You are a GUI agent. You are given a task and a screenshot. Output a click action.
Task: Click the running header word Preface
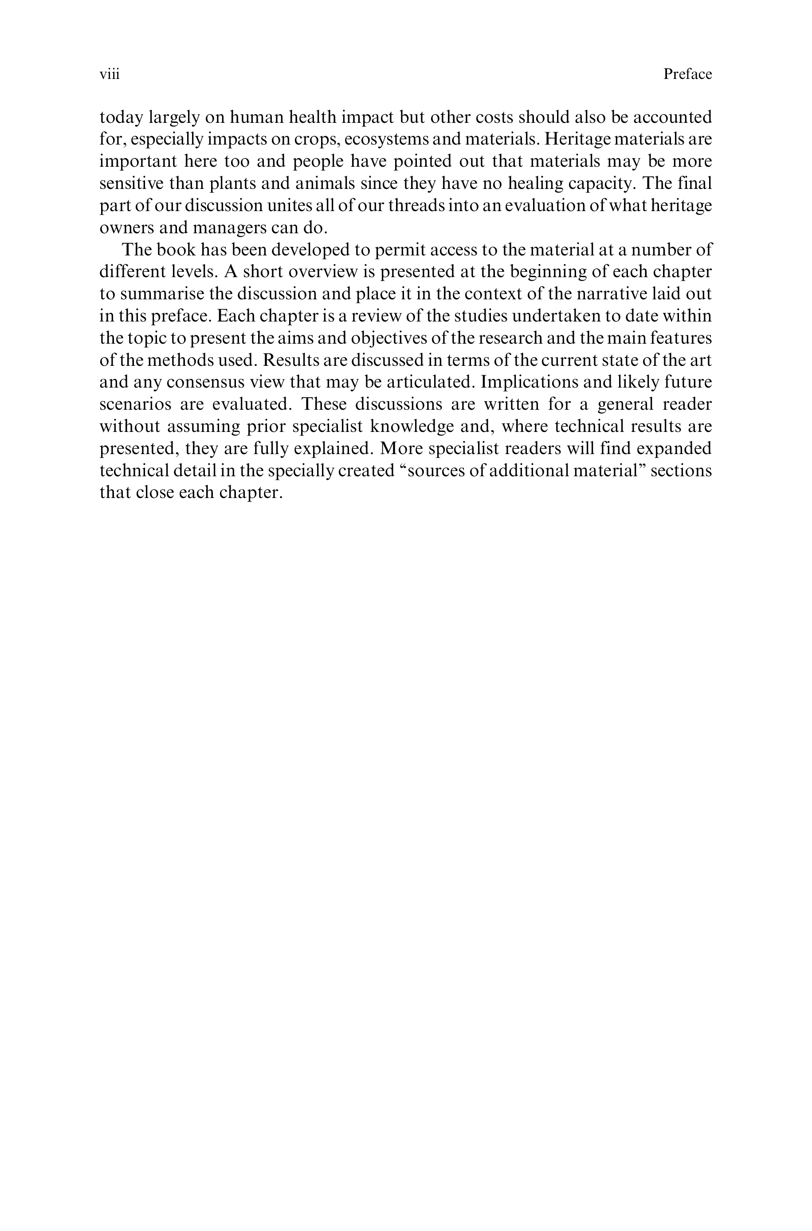(x=687, y=74)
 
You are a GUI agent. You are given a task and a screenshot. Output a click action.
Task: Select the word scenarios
(x=128, y=404)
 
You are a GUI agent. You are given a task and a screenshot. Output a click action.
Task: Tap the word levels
(x=192, y=272)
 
